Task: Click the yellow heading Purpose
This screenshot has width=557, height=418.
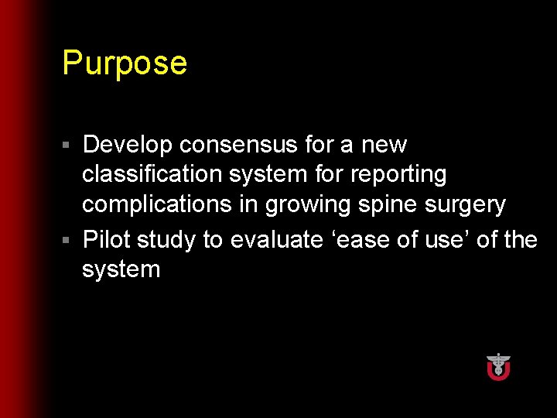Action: pyautogui.click(x=125, y=63)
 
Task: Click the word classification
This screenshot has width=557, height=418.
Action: pyautogui.click(x=153, y=175)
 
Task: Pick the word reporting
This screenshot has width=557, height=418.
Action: pyautogui.click(x=398, y=175)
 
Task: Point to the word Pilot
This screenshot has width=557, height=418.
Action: pyautogui.click(x=106, y=240)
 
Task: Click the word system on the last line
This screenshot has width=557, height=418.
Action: pyautogui.click(x=121, y=270)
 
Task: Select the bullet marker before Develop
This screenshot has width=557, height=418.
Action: pyautogui.click(x=67, y=146)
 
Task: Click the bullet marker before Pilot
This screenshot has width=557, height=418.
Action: pyautogui.click(x=67, y=241)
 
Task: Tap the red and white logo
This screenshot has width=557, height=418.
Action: pyautogui.click(x=498, y=366)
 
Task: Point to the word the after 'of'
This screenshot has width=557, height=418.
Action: pyautogui.click(x=521, y=240)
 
